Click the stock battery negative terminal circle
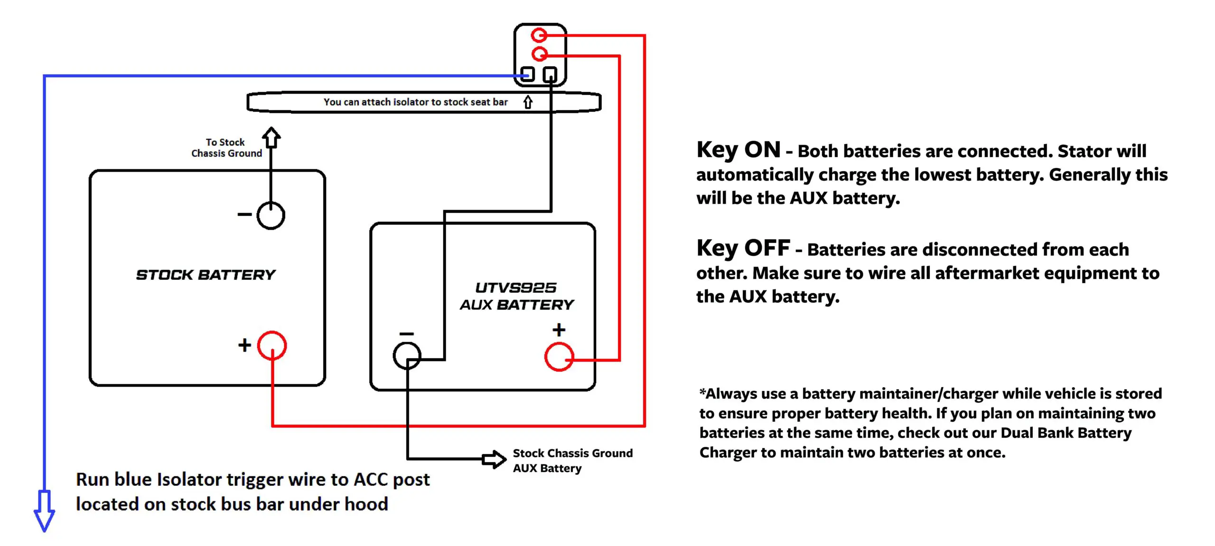271,215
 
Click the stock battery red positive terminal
271,345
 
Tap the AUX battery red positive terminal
559,357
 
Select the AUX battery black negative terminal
407,356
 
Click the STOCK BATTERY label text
206,275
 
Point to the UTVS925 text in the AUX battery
515,287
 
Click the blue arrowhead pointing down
44,515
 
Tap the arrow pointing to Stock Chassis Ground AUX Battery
494,459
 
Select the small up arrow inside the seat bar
528,102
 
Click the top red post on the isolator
539,35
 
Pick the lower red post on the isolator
539,54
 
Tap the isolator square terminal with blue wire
528,74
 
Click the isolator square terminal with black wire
550,74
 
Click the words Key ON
738,150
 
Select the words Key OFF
743,248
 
